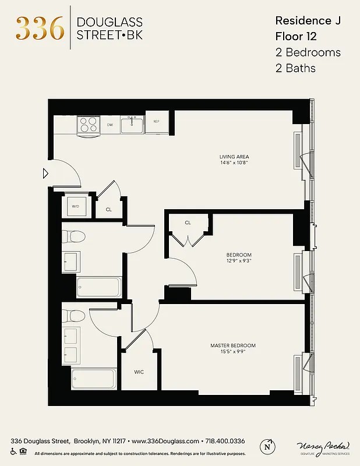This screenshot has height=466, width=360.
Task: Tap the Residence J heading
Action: point(307,21)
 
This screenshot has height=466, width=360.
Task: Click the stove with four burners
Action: point(89,125)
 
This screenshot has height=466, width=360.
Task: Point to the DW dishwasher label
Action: point(110,125)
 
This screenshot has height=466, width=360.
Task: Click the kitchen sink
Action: point(133,123)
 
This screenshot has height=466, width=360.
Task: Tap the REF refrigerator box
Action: point(156,122)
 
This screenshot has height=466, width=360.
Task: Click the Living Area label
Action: point(234,157)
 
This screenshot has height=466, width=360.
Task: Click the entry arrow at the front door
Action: point(45,173)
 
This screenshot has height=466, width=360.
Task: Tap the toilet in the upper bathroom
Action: point(74,236)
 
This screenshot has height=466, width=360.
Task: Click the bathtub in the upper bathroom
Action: point(99,287)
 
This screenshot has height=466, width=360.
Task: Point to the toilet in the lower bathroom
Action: point(74,315)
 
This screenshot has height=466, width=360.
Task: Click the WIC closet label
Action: point(139,371)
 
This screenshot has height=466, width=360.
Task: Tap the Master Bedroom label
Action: point(233,345)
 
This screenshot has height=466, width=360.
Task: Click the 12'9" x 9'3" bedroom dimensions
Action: point(239,262)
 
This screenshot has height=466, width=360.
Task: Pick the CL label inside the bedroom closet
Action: point(188,223)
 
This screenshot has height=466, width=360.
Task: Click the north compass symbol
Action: point(267,446)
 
